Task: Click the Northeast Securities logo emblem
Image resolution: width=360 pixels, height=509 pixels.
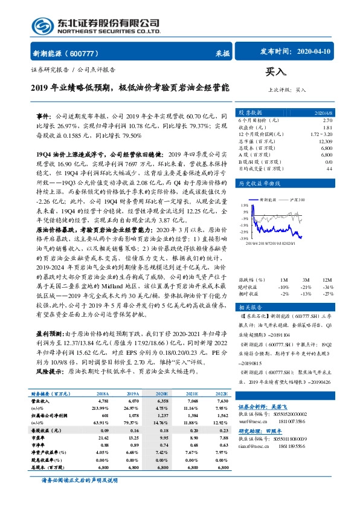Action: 44,26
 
